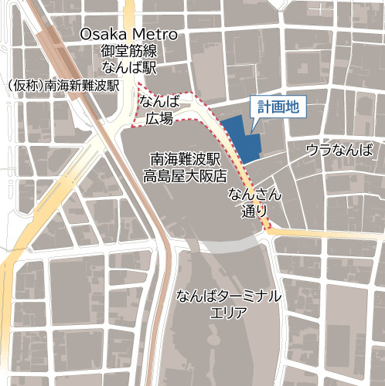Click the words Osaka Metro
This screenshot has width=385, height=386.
(x=129, y=35)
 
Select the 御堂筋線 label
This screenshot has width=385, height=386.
(x=128, y=51)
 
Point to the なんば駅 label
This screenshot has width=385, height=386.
(x=128, y=67)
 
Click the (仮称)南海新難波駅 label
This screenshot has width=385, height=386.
(x=61, y=85)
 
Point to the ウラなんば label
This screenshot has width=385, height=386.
(x=339, y=149)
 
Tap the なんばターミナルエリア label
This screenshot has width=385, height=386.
(x=228, y=304)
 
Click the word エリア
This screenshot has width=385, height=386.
(x=228, y=313)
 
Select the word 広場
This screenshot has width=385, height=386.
(x=158, y=118)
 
